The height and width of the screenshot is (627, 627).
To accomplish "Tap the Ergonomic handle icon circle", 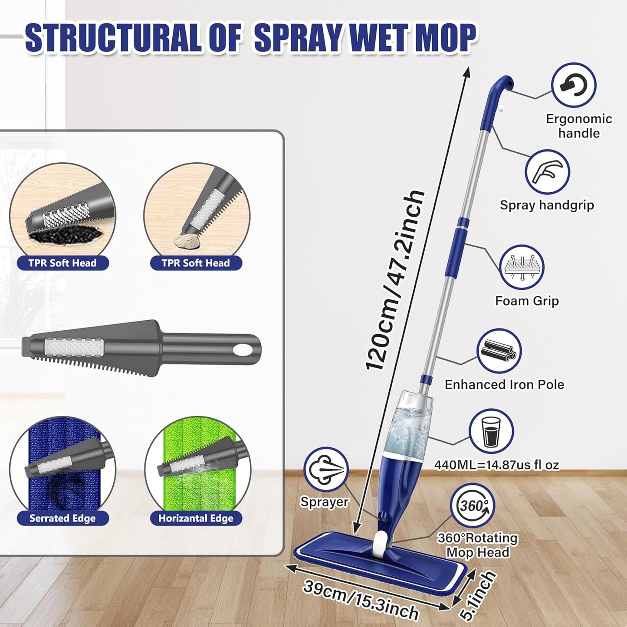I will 573,85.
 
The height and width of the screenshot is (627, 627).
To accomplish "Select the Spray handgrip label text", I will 547,205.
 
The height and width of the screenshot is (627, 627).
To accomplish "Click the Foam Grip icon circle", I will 521,267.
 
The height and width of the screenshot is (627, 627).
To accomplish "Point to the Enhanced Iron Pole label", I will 504,385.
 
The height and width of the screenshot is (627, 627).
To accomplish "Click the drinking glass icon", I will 491,431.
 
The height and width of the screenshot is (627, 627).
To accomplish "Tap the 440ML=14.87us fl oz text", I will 496,465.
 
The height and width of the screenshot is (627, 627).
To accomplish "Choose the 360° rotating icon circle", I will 472,506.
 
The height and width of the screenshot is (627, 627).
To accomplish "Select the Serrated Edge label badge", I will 62,518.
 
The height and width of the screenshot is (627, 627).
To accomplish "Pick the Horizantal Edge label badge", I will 196,518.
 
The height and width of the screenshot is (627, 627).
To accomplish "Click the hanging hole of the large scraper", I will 240,349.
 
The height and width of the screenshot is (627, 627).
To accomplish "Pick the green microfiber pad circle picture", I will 198,466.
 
